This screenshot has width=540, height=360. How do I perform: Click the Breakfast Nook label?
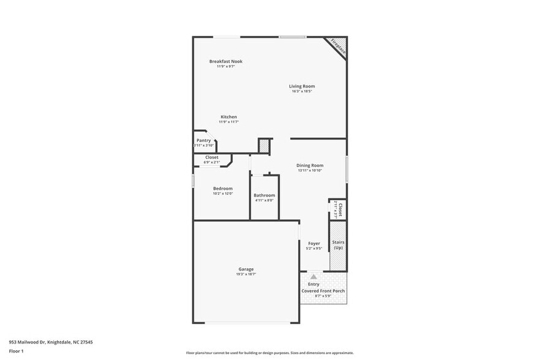226,61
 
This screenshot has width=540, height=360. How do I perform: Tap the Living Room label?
302,86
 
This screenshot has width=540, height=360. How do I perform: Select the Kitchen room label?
228,117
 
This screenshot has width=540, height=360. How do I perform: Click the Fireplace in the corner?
338,47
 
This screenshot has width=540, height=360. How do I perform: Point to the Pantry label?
203,140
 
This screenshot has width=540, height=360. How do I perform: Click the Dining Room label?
310,165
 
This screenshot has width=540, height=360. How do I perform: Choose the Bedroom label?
222,189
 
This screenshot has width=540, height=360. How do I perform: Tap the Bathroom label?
264,195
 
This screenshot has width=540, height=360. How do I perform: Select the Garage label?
246,269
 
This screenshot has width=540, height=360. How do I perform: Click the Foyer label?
313,244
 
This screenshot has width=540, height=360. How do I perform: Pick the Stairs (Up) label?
338,245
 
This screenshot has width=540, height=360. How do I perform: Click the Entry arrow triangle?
313,277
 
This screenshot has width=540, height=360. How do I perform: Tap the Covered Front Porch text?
323,291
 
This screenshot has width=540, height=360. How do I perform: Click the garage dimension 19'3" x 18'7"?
246,274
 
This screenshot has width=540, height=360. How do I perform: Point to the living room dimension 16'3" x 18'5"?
302,91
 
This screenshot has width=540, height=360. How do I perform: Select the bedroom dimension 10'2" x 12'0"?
222,193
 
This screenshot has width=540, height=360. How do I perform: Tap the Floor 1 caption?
16,351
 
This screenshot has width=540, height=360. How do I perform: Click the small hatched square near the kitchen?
264,146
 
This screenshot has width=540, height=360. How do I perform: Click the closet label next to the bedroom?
211,157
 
